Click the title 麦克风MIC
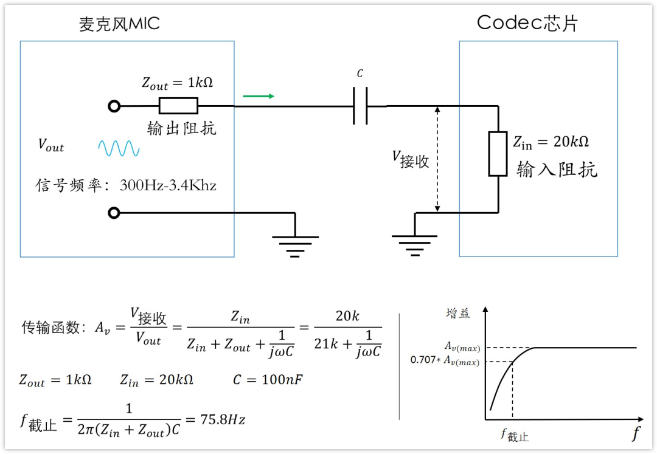(x=119, y=24)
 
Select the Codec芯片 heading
(x=527, y=23)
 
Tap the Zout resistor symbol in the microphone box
(x=178, y=106)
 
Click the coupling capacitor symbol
(x=360, y=106)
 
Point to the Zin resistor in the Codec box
(x=498, y=154)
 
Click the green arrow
(x=259, y=96)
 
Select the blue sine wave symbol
(x=119, y=148)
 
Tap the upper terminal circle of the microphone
(x=114, y=107)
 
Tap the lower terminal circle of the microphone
(x=114, y=213)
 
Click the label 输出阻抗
(x=182, y=129)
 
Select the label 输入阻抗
(x=557, y=170)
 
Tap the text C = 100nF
(x=268, y=380)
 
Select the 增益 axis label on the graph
(x=457, y=314)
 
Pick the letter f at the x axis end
(x=636, y=433)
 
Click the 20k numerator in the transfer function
(x=347, y=316)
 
